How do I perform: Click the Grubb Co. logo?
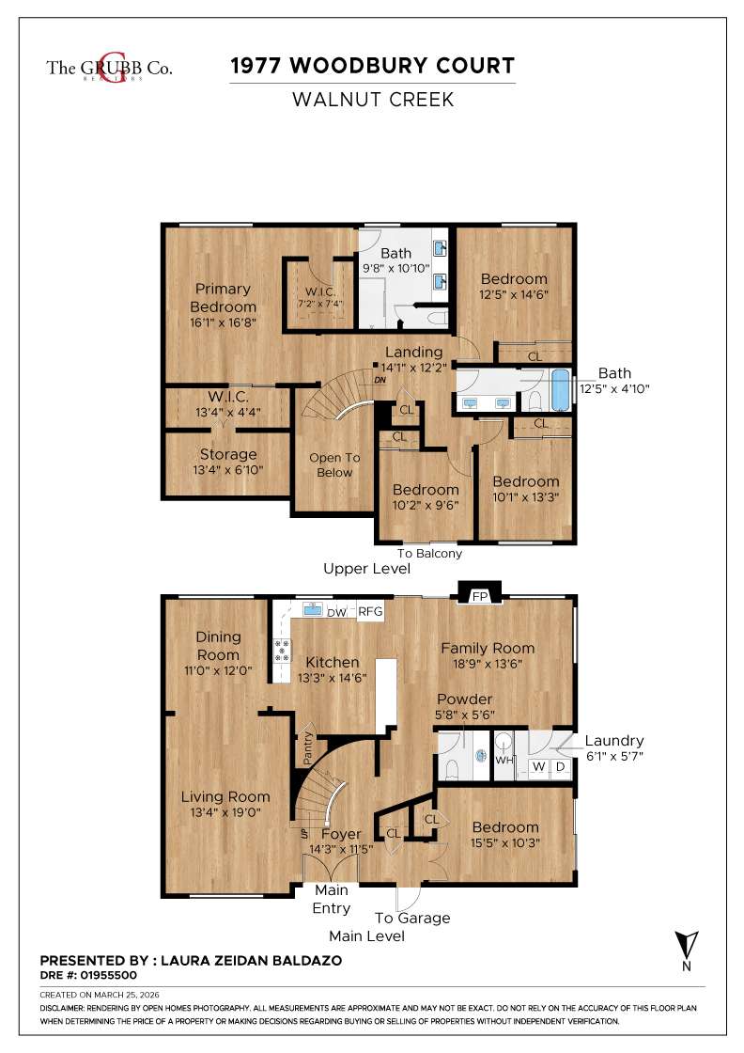point(109,67)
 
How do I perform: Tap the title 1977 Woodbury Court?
point(373,66)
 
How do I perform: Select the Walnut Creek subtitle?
point(373,99)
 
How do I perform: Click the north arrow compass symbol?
point(687,943)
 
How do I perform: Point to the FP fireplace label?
point(479,596)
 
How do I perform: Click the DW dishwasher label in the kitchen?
point(336,612)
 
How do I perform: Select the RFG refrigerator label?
point(371,612)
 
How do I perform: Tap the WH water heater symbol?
point(504,760)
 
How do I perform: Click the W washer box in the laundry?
point(538,766)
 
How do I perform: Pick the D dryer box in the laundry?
point(560,766)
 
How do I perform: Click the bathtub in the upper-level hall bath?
point(560,390)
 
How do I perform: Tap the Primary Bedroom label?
point(223,298)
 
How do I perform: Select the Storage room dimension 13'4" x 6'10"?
point(227,470)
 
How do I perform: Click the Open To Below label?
point(334,465)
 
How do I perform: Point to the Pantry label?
point(305,749)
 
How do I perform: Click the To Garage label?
point(412,918)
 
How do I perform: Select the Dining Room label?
point(218,646)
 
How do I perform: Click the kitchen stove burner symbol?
point(281,647)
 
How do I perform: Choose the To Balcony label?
point(429,553)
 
